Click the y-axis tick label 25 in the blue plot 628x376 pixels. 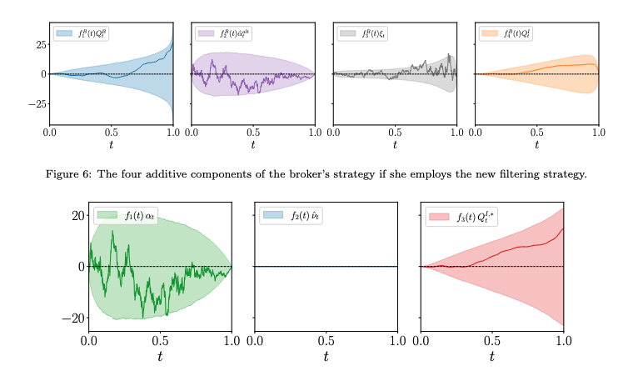[37, 44]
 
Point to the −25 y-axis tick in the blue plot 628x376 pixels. [33, 104]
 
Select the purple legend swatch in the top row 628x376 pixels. [206, 34]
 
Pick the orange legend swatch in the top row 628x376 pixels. [490, 34]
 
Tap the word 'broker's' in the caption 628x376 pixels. [305, 174]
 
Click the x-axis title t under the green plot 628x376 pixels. [161, 356]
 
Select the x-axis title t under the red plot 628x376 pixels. [492, 356]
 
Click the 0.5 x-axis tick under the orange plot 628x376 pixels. [537, 132]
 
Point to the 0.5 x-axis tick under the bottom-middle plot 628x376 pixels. [326, 340]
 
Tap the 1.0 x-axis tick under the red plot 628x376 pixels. [563, 340]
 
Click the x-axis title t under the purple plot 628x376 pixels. [253, 144]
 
